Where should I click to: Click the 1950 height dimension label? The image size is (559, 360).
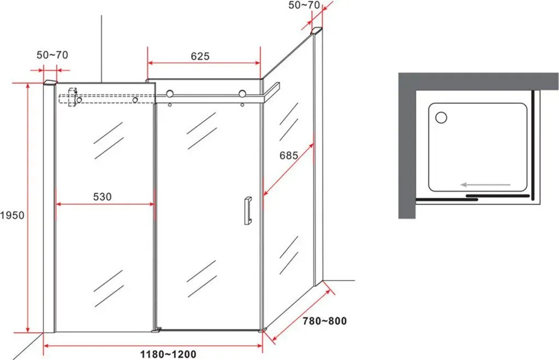pos(12,215)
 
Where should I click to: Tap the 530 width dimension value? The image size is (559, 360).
pos(102,197)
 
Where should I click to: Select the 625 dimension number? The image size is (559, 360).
pos(200,56)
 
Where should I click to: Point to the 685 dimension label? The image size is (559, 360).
pos(289,155)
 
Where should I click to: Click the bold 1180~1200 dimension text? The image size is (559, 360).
pos(168,355)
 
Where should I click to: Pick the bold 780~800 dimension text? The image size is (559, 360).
pos(324,321)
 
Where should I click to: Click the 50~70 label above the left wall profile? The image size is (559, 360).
pos(52,55)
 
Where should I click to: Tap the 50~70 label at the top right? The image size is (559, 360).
pos(304,5)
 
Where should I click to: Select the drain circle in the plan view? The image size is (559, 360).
pos(441,117)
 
